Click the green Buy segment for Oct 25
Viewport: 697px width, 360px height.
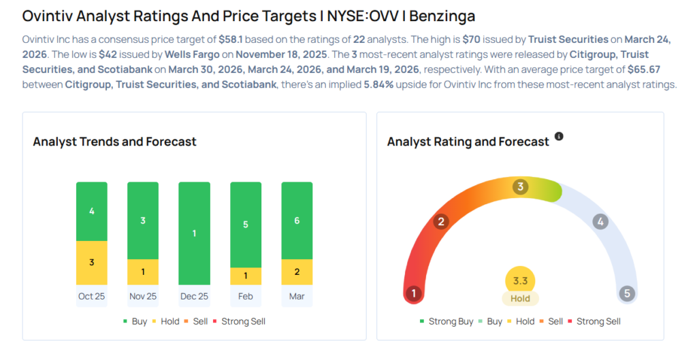tap(92, 211)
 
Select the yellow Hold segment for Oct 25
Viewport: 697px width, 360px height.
tap(92, 263)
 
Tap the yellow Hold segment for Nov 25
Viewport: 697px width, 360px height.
tap(143, 272)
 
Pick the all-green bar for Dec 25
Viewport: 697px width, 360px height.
tap(194, 233)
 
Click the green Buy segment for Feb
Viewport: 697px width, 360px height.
tap(245, 225)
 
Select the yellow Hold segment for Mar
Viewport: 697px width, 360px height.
tap(296, 272)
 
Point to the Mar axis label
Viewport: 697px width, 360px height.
tap(296, 296)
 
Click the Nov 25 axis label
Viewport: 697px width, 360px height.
tap(143, 296)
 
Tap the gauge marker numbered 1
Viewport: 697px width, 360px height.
tap(412, 293)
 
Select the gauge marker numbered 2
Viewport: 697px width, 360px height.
tap(441, 221)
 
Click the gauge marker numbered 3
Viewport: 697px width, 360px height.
tap(521, 186)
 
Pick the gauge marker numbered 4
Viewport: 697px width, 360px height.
tap(600, 221)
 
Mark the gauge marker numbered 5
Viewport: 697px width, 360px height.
tap(627, 293)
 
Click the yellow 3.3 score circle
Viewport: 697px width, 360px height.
tap(521, 280)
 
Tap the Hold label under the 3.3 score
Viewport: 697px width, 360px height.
tap(521, 298)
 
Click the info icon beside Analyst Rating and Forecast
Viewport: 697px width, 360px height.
tap(559, 136)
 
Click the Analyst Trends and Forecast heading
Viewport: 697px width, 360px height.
tap(114, 142)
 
